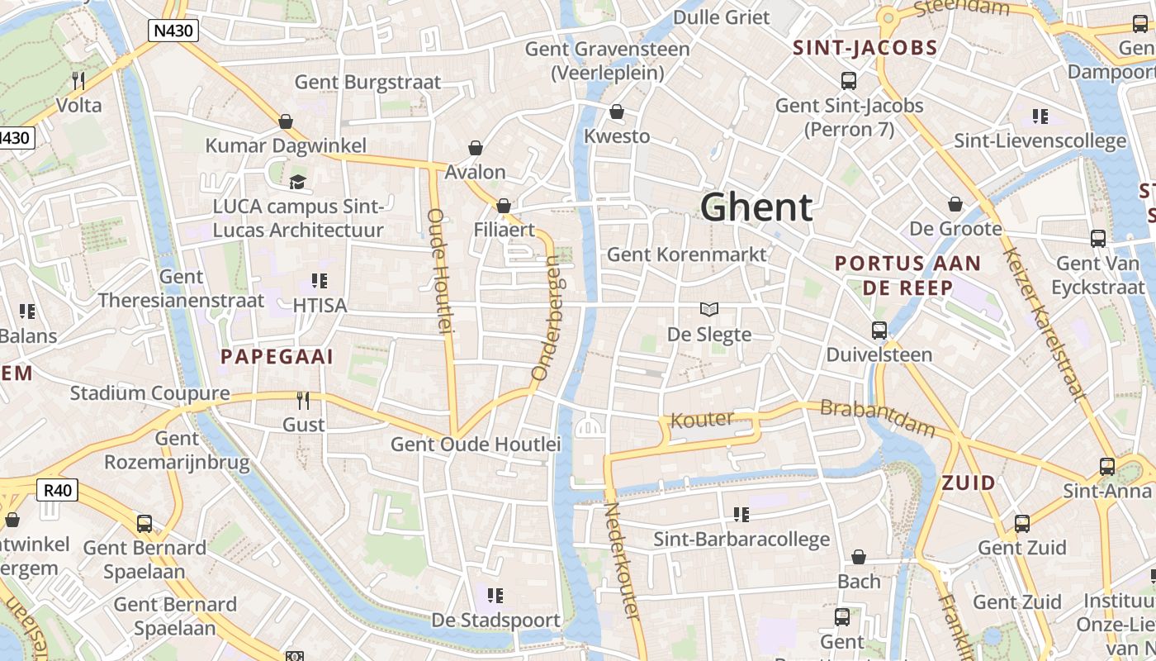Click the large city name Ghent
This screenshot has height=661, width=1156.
pos(756,207)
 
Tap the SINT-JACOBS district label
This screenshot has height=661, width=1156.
pos(865,48)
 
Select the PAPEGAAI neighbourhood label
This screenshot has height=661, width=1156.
pos(277,357)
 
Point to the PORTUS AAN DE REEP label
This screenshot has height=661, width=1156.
pos(907,275)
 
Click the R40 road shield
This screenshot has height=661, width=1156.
pos(58,490)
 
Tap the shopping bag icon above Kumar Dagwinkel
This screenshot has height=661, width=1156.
pos(286,121)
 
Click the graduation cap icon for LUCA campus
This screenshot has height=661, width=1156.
pos(297,181)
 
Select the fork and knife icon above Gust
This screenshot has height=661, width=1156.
pos(303,401)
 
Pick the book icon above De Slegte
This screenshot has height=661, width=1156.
pos(708,309)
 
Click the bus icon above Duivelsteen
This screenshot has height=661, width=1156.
pos(879,330)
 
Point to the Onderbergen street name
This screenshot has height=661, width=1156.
pos(547,318)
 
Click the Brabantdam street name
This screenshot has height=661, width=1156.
pos(877,418)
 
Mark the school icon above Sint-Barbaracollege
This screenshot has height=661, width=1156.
pos(741,515)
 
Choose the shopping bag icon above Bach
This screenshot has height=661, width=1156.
pos(859,557)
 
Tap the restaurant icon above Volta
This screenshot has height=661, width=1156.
pos(78,80)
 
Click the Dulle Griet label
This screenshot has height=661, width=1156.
pos(721,17)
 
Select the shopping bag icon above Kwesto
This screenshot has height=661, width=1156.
pos(617,112)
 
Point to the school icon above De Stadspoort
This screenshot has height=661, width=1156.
pos(495,595)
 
